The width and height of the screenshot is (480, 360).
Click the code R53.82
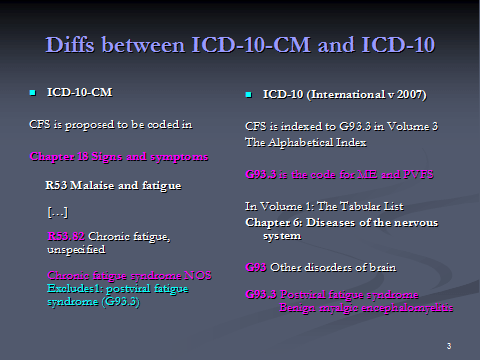click(x=66, y=236)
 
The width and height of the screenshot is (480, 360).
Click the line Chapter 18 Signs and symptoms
click(x=119, y=157)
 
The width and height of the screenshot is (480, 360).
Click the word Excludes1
click(x=74, y=288)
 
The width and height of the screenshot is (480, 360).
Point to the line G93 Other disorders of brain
click(x=319, y=268)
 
